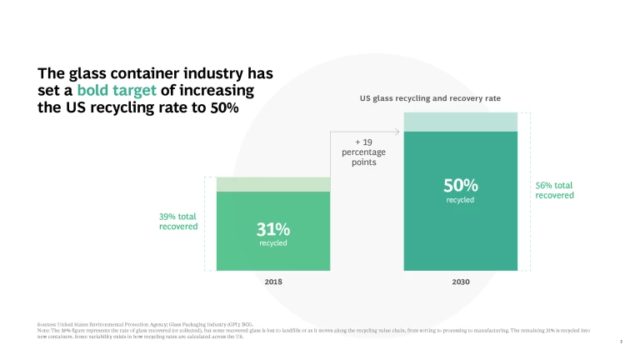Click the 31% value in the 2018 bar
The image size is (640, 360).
(273, 227)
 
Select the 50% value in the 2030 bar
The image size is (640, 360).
(460, 184)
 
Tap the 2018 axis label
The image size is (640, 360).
(273, 282)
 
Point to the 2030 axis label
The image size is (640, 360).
(460, 282)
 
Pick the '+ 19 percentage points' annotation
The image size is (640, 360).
(359, 152)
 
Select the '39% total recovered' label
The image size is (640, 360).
(177, 221)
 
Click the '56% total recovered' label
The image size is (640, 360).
(554, 190)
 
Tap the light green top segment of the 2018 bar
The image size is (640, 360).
(273, 184)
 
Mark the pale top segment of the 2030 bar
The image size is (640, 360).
(460, 122)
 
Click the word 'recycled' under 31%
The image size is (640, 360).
(273, 243)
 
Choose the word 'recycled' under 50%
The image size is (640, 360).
(460, 200)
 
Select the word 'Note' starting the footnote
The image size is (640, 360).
(45, 330)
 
